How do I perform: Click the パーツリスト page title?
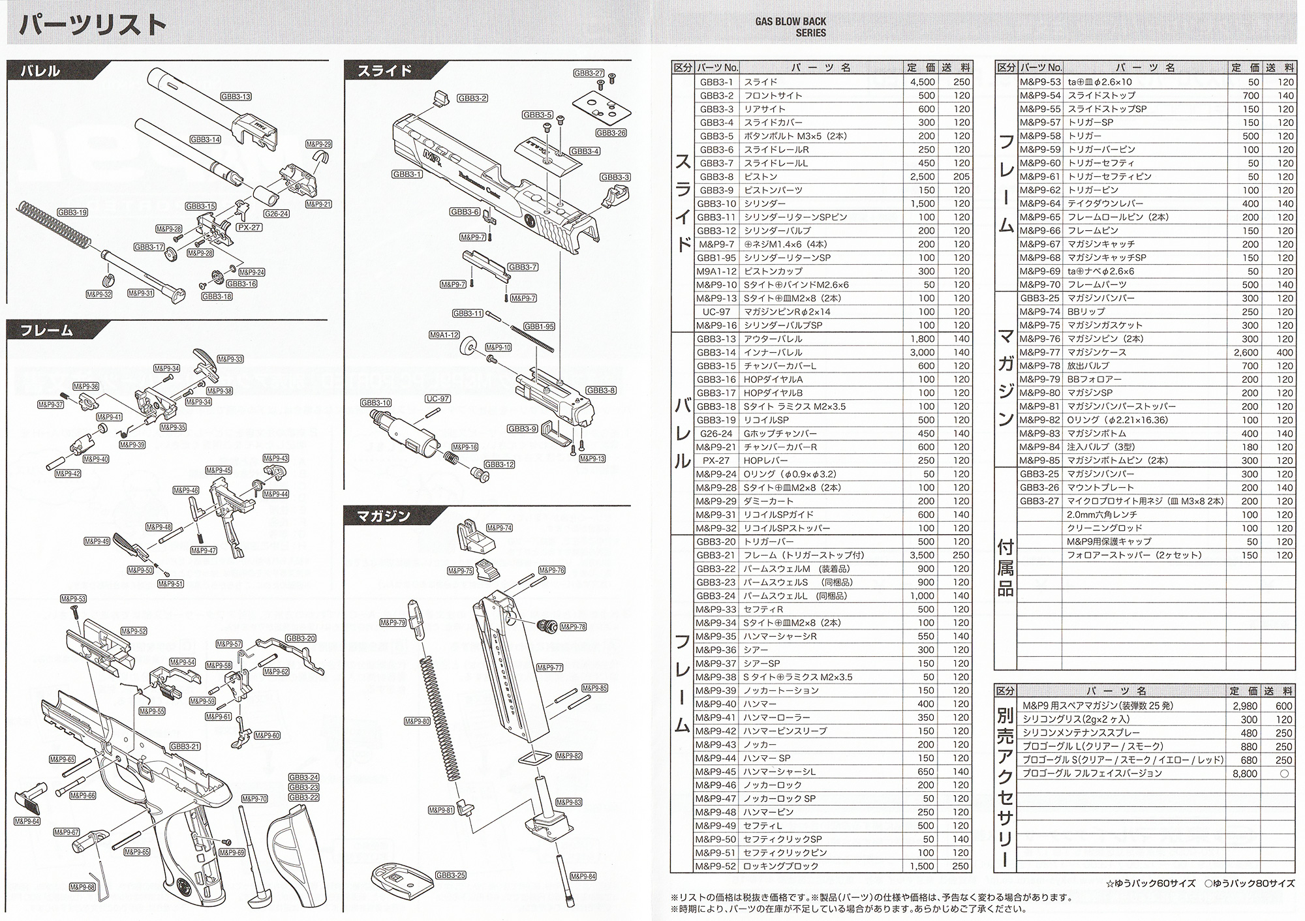point(92,25)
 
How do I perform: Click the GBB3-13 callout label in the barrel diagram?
point(236,97)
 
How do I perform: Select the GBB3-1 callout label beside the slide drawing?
point(407,174)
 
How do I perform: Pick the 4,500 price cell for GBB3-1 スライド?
point(921,82)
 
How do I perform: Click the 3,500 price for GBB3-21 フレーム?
point(921,555)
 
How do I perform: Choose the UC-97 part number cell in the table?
point(716,312)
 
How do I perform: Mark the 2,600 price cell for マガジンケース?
point(1245,352)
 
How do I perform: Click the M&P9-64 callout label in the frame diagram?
point(27,821)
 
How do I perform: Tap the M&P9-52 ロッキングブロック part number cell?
point(716,866)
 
